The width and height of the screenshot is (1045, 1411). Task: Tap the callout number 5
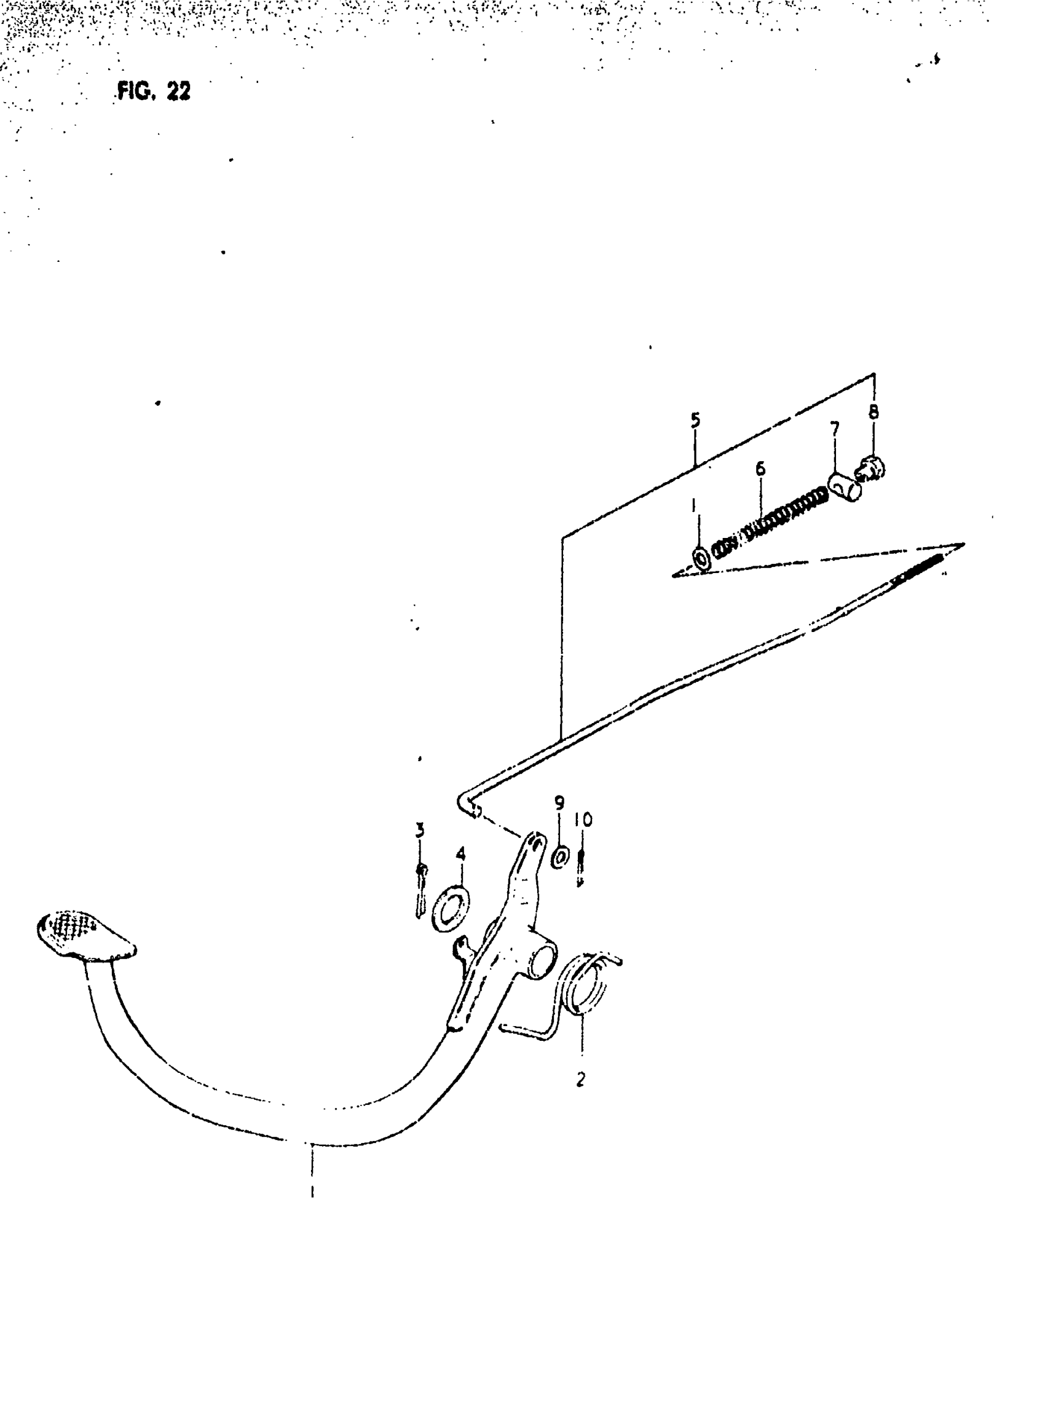[x=695, y=420]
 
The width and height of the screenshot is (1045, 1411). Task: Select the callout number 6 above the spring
[x=760, y=469]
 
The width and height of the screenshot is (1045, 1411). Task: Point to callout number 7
[x=834, y=429]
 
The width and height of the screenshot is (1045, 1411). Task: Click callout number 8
[x=873, y=413]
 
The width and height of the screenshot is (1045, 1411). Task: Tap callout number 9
[x=559, y=803]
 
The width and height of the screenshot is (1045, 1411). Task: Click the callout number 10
[x=583, y=820]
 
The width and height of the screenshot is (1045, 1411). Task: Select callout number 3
[x=420, y=830]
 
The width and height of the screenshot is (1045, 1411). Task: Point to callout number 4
[x=460, y=855]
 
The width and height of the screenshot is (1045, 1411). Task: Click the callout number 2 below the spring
[x=581, y=1079]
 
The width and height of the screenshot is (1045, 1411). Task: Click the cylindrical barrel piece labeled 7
[x=845, y=486]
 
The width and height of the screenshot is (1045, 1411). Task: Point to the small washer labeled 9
[x=560, y=859]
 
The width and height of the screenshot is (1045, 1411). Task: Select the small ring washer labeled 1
[x=701, y=559]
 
